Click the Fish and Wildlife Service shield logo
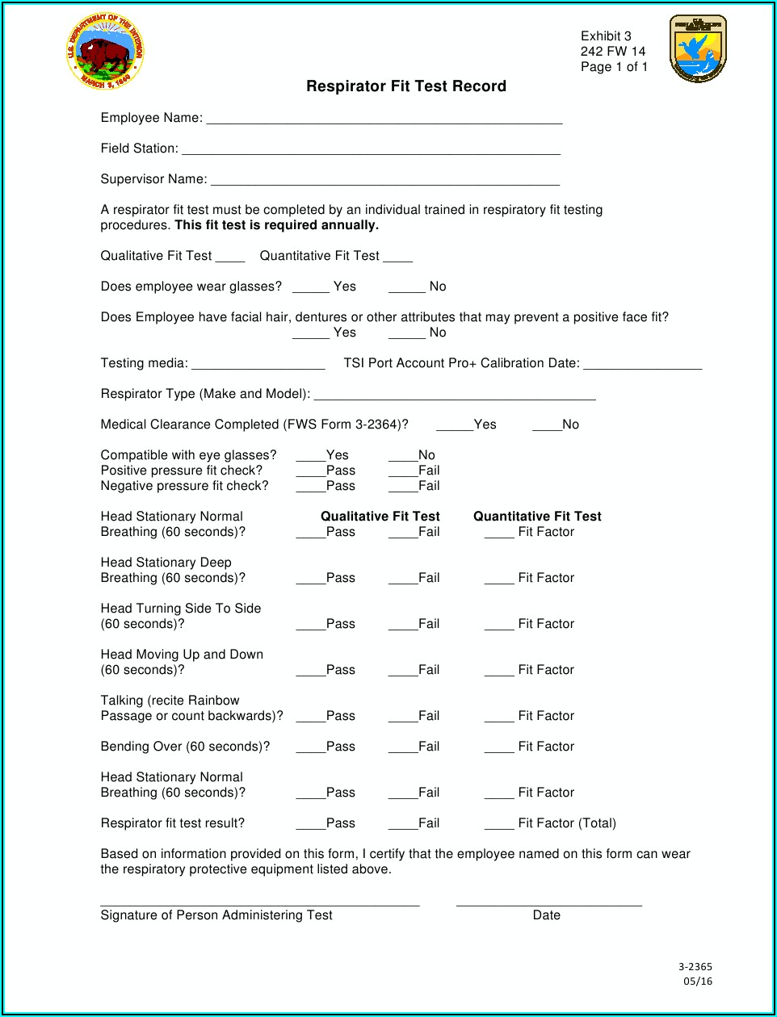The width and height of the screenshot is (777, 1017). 698,49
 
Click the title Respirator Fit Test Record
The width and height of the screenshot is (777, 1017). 406,86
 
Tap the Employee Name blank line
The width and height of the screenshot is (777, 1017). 384,121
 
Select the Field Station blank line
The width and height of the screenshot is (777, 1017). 371,152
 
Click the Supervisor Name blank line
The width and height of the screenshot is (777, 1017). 385,182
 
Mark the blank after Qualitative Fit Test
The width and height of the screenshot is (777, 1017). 230,259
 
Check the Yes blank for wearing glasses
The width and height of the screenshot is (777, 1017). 311,290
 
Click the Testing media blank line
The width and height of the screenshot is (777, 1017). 258,366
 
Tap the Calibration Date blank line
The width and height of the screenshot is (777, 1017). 643,366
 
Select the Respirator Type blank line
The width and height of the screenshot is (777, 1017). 455,397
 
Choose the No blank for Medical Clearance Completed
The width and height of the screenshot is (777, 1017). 547,428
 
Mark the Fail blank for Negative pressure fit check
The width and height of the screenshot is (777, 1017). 403,489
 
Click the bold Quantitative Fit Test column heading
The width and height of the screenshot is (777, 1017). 537,517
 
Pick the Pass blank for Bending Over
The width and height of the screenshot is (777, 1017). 311,750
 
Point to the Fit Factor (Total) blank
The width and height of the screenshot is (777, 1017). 499,827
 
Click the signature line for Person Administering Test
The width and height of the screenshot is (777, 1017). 260,904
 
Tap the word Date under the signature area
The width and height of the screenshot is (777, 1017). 547,915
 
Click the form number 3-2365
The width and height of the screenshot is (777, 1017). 695,967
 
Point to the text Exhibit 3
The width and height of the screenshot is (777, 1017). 606,36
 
